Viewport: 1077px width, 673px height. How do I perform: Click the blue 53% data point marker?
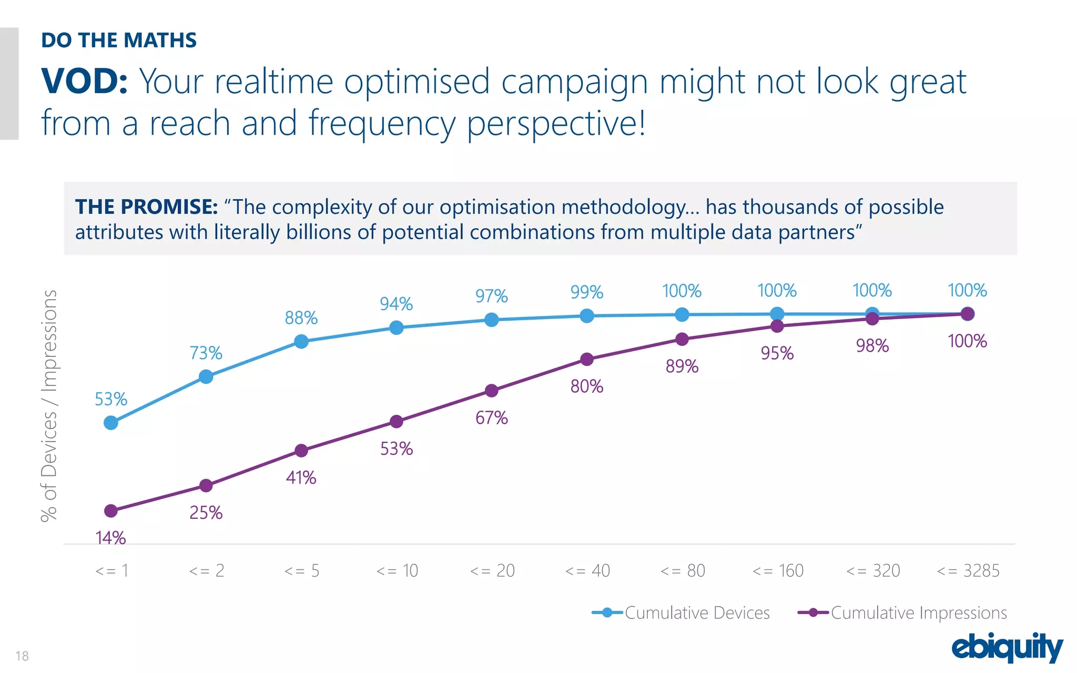pyautogui.click(x=111, y=423)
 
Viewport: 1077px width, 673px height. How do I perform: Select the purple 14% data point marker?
pyautogui.click(x=111, y=511)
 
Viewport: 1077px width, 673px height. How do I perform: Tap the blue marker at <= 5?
pyautogui.click(x=301, y=342)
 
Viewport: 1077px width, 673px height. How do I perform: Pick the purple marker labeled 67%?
pyautogui.click(x=492, y=391)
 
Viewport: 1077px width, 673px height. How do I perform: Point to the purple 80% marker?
pyautogui.click(x=587, y=360)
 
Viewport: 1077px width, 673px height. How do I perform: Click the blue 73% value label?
pyautogui.click(x=206, y=353)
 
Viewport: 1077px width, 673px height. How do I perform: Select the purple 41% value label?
pyautogui.click(x=301, y=478)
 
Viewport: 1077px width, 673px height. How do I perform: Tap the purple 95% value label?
pyautogui.click(x=777, y=353)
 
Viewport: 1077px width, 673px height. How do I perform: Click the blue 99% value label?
pyautogui.click(x=586, y=292)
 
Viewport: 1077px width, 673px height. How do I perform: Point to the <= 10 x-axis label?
pyautogui.click(x=397, y=570)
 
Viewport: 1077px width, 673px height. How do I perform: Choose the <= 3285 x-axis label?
pyautogui.click(x=968, y=570)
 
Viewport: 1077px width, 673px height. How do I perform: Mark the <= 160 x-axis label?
pyautogui.click(x=778, y=570)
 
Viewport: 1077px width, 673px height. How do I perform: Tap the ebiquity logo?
pyautogui.click(x=1007, y=647)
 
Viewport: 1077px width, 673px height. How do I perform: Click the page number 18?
pyautogui.click(x=22, y=656)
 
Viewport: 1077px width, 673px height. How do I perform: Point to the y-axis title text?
pyautogui.click(x=49, y=405)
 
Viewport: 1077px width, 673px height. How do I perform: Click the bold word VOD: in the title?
pyautogui.click(x=84, y=81)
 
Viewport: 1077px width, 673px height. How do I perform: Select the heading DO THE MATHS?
pyautogui.click(x=119, y=40)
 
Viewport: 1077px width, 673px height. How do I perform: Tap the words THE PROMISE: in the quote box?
pyautogui.click(x=146, y=207)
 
